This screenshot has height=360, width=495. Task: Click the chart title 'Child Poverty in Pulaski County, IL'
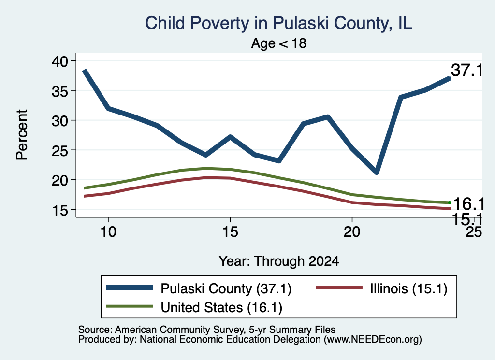pyautogui.click(x=278, y=23)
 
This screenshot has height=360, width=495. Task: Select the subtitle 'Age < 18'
pyautogui.click(x=279, y=43)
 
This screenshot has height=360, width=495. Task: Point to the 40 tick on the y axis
pyautogui.click(x=60, y=61)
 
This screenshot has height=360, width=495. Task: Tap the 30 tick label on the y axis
pyautogui.click(x=60, y=120)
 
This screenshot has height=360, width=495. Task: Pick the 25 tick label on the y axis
pyautogui.click(x=60, y=150)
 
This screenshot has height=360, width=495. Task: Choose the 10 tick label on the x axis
pyautogui.click(x=108, y=232)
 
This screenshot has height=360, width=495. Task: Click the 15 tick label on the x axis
pyautogui.click(x=230, y=232)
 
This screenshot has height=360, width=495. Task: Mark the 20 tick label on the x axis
pyautogui.click(x=352, y=232)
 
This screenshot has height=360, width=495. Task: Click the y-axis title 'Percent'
pyautogui.click(x=22, y=135)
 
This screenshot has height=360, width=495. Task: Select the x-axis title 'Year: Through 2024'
pyautogui.click(x=279, y=261)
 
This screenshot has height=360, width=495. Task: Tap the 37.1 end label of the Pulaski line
pyautogui.click(x=466, y=70)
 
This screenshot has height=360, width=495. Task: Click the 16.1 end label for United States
pyautogui.click(x=468, y=204)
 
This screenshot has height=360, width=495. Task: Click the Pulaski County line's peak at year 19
pyautogui.click(x=328, y=117)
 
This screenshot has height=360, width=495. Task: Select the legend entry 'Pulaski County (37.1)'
pyautogui.click(x=199, y=288)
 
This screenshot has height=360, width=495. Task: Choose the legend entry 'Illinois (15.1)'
pyautogui.click(x=382, y=288)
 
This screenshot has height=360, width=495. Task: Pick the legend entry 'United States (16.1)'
pyautogui.click(x=194, y=307)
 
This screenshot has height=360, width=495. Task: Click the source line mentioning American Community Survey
pyautogui.click(x=207, y=330)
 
